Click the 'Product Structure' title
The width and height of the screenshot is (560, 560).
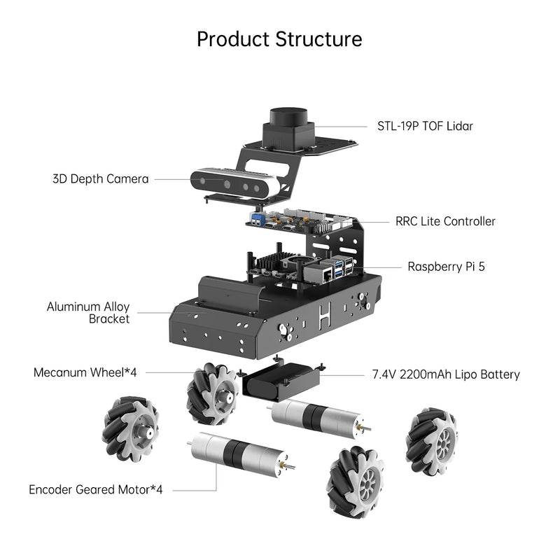[279, 38]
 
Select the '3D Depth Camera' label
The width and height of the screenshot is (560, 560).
[100, 179]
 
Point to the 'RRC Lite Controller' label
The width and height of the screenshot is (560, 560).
[445, 221]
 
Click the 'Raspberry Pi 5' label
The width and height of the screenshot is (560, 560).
[446, 267]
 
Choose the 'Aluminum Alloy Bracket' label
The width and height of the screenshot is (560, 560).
[88, 312]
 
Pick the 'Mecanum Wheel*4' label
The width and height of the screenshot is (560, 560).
[85, 372]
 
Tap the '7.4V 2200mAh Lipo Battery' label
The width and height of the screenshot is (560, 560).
[446, 374]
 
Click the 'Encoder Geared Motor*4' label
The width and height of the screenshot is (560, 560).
[95, 489]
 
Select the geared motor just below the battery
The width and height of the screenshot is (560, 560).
[315, 417]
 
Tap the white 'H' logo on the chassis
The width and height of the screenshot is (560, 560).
[323, 314]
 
